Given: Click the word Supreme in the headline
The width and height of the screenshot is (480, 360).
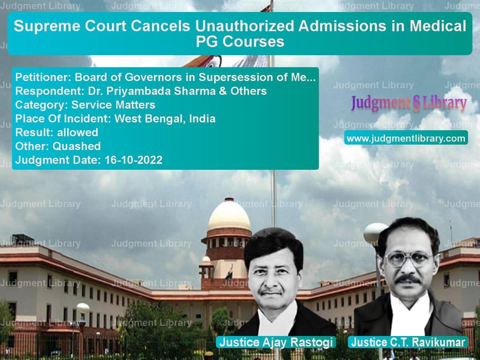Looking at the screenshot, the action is tap(47, 26).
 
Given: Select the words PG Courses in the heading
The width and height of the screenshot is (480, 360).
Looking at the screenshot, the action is tap(240, 41).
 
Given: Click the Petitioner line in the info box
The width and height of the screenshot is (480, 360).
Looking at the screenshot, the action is tap(166, 77).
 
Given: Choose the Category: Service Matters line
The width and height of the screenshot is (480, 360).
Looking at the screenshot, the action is tap(85, 105).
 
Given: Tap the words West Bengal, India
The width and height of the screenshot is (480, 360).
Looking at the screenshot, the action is tap(164, 119).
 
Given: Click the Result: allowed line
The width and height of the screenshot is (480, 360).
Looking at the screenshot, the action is tap(56, 133).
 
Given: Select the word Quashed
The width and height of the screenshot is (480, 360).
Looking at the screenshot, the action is tap(77, 146).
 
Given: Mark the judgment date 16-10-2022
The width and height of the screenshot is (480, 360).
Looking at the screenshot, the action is tap(133, 160).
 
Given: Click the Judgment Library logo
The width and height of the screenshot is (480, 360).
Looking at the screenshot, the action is tap(409, 103).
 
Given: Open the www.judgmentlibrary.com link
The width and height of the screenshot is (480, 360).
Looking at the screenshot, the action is tap(406, 139).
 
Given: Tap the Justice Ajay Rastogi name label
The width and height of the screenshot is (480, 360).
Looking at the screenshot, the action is tap(276, 342).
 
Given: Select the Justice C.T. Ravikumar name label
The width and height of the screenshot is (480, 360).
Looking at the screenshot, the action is tap(408, 342).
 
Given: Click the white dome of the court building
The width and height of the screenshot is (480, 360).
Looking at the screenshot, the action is tap(229, 214).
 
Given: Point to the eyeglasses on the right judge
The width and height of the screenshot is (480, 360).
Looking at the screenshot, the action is tap(409, 259).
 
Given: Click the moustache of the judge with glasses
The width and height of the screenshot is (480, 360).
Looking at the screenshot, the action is tap(407, 279).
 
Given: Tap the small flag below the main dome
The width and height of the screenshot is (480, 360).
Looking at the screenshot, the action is tap(229, 272).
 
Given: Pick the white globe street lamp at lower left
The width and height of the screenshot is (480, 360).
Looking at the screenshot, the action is tap(83, 308).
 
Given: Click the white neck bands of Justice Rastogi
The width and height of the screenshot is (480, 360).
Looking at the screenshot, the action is tap(278, 322).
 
